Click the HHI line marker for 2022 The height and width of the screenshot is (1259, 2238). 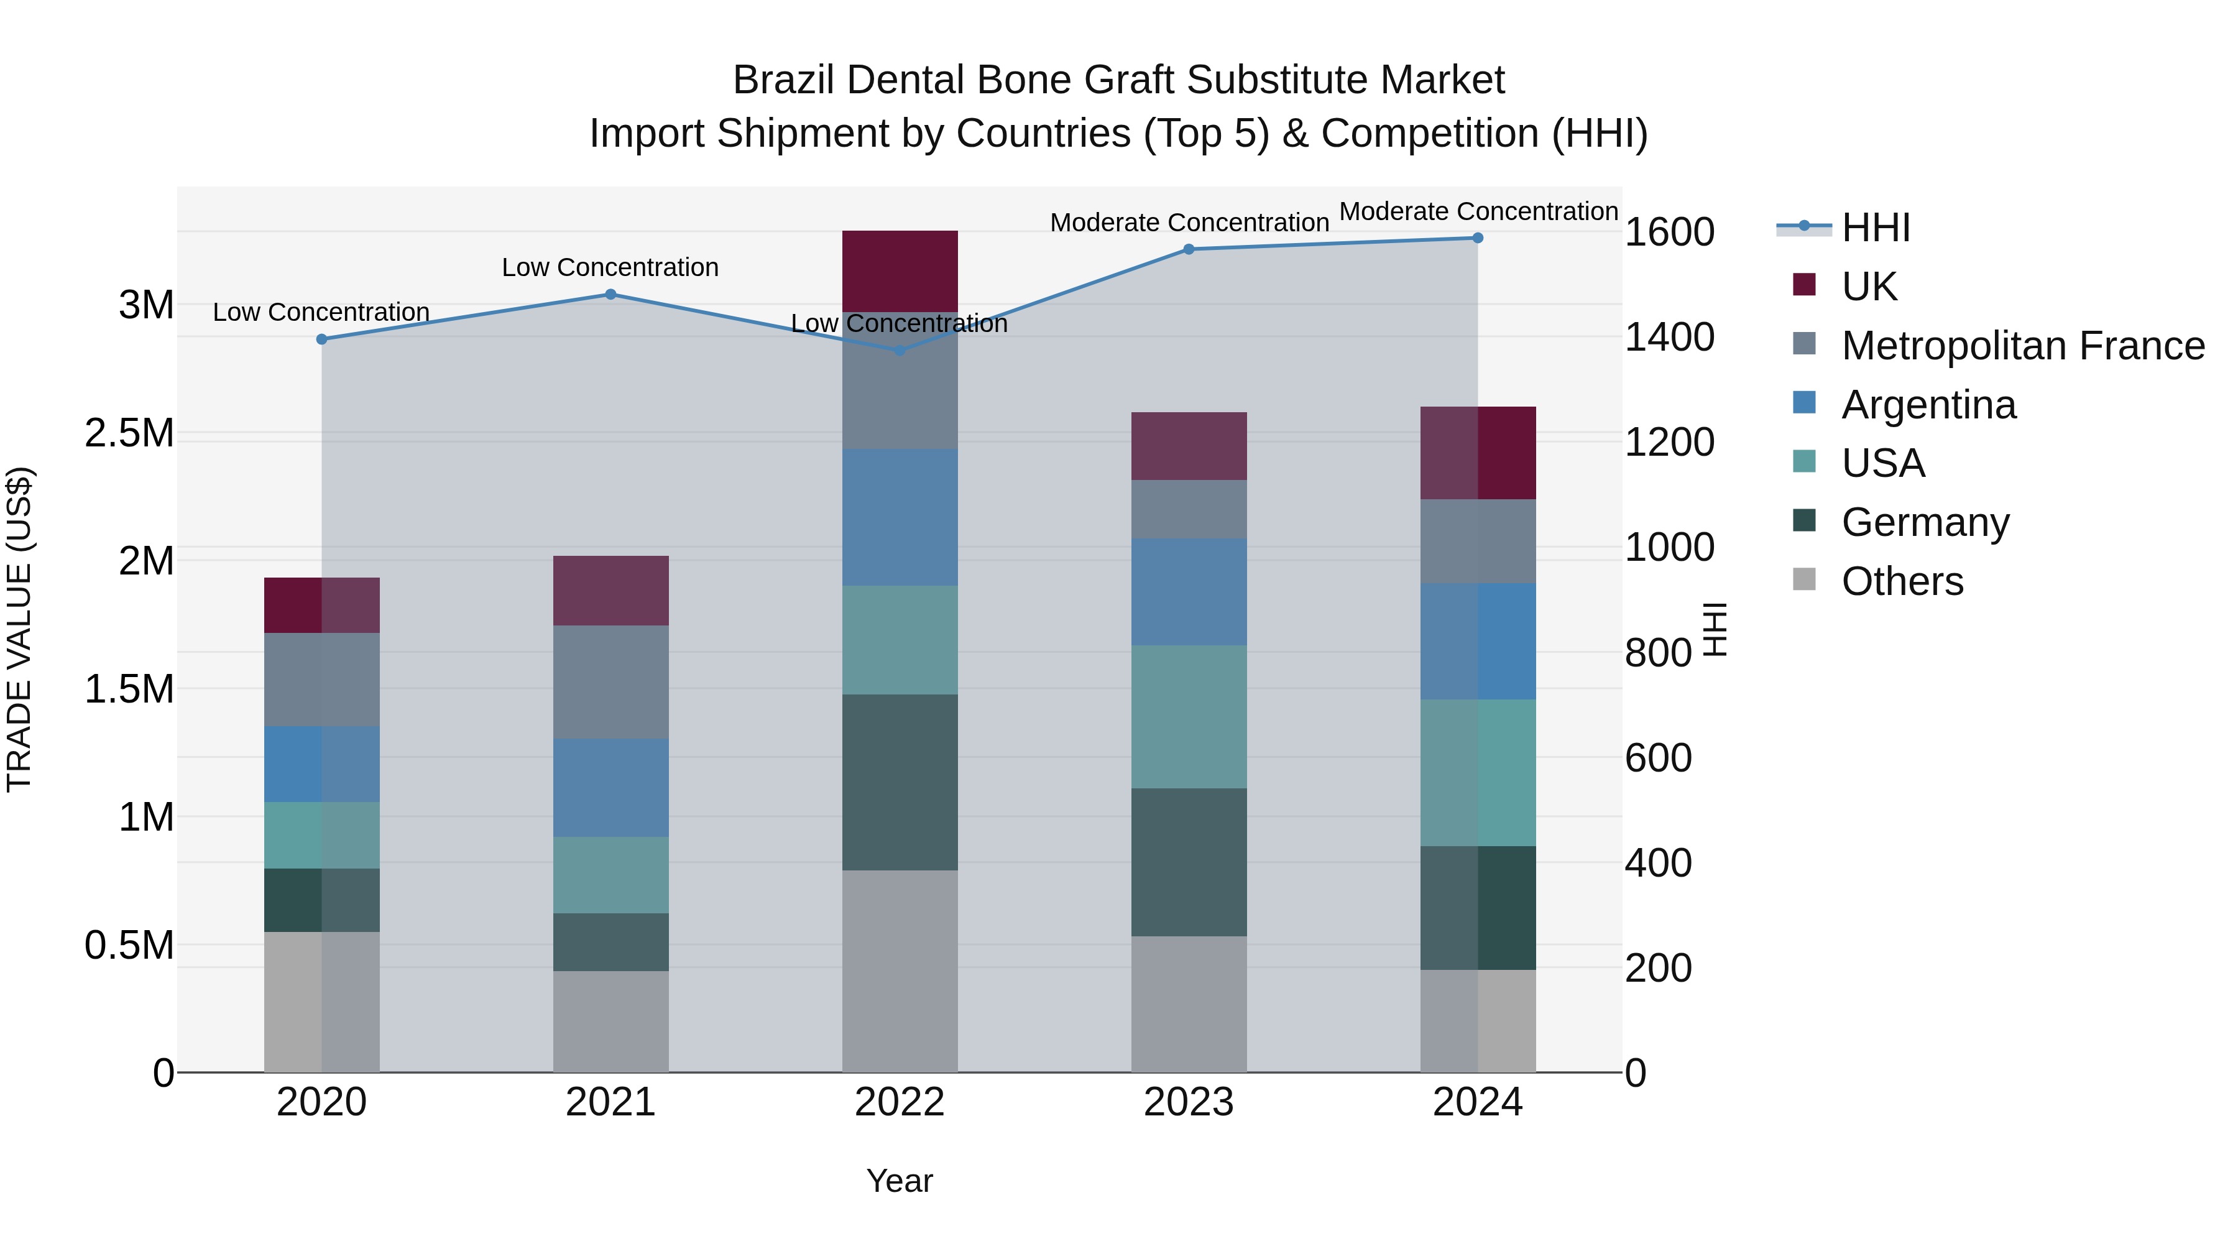point(900,350)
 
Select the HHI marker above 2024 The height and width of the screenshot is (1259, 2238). point(1478,238)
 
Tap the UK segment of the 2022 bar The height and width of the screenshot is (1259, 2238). point(900,271)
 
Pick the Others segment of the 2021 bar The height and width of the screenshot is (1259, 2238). point(610,1021)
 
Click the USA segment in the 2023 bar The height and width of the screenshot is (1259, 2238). point(1189,717)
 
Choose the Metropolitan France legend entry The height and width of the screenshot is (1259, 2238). point(2022,346)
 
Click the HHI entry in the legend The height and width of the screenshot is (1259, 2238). point(1875,228)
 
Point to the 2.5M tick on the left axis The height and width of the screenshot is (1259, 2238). point(129,433)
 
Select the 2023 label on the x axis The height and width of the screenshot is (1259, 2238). point(1189,1102)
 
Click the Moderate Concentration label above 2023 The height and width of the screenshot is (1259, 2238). point(1189,223)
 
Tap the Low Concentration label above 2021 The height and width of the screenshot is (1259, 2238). point(610,267)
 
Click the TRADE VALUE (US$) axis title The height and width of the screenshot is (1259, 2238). point(19,629)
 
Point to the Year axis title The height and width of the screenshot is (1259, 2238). point(899,1181)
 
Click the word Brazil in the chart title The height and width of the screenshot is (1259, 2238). point(784,80)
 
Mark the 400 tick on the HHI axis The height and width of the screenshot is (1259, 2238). point(1657,863)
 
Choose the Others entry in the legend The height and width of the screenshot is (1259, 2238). point(1902,581)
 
